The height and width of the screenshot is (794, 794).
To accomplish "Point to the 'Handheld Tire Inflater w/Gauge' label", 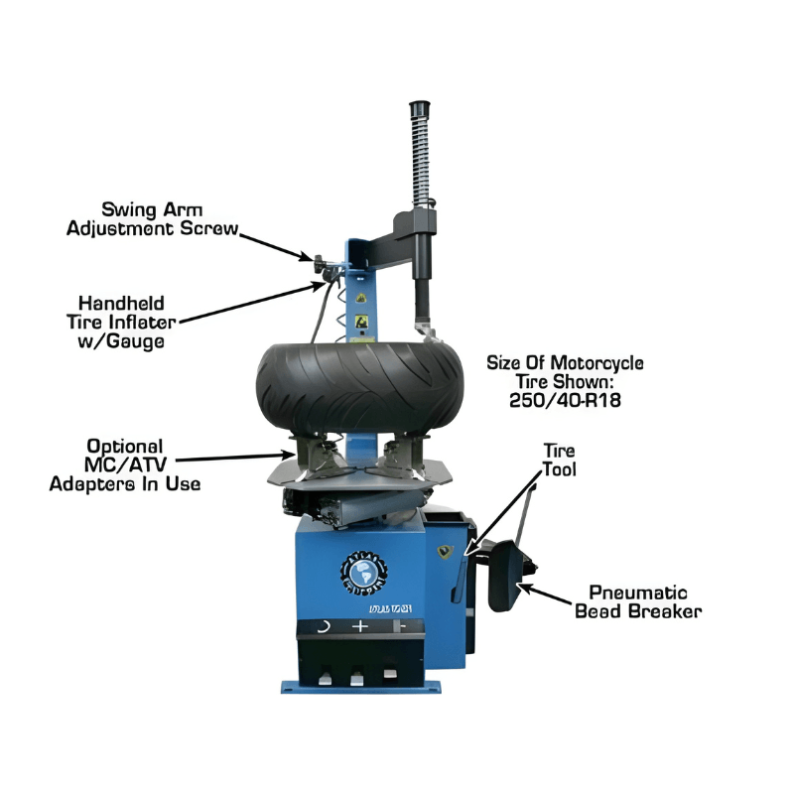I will tap(122, 321).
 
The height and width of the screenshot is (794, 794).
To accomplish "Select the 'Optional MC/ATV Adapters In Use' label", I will tap(124, 465).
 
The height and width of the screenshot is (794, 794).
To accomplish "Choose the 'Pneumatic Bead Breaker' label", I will tap(638, 600).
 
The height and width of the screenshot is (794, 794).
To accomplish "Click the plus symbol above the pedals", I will tap(360, 627).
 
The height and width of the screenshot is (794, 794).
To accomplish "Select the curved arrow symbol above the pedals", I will tap(322, 627).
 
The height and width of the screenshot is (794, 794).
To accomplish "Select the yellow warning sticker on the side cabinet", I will tap(445, 549).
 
